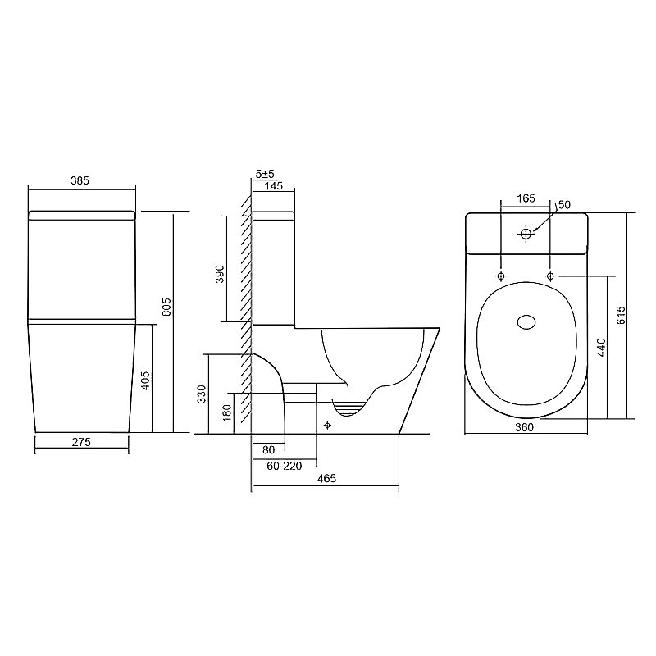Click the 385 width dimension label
pyautogui.click(x=80, y=180)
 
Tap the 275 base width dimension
pyautogui.click(x=81, y=442)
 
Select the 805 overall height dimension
pyautogui.click(x=166, y=307)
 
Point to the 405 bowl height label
pyautogui.click(x=145, y=380)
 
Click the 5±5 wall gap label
pyautogui.click(x=265, y=174)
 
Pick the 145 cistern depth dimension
pyautogui.click(x=274, y=185)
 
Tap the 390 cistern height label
pyautogui.click(x=220, y=274)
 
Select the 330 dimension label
pyautogui.click(x=202, y=394)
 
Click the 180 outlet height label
pyautogui.click(x=227, y=413)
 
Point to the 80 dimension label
pyautogui.click(x=269, y=449)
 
